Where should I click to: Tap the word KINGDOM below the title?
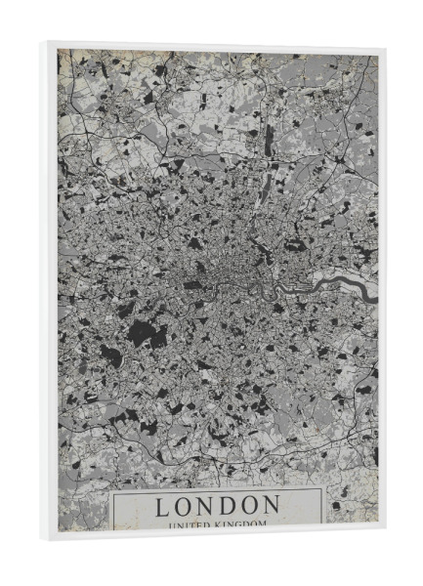tap(245, 524)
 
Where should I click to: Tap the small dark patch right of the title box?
tap(336, 505)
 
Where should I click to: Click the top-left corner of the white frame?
tap(48, 41)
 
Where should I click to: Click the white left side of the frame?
tap(52, 293)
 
